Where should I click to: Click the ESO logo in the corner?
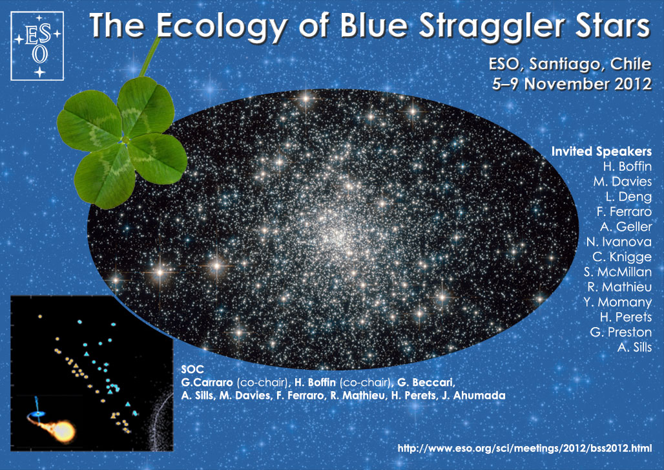pos(37,46)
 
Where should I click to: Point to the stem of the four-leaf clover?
pos(150,57)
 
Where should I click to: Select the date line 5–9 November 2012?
pos(571,83)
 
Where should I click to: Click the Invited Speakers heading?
pos(601,151)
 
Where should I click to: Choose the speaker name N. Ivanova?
pos(619,242)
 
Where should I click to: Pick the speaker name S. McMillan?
pos(618,272)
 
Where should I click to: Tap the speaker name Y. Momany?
pos(617,302)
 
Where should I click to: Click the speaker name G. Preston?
pos(621,332)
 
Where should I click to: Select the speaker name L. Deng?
pos(628,197)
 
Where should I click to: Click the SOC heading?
pos(192,369)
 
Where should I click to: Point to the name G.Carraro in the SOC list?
pos(207,382)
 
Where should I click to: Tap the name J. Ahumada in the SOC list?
pos(479,396)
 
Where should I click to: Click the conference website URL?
pos(524,448)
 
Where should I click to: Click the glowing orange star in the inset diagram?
pos(63,431)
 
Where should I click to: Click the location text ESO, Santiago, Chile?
pos(570,64)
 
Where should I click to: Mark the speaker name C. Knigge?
pos(622,257)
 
